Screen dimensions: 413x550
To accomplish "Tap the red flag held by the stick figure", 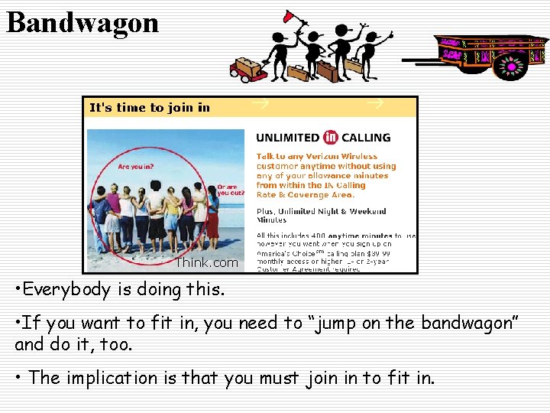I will point(290,15).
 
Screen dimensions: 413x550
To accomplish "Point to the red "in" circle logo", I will point(330,138).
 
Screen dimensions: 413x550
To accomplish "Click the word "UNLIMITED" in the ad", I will point(287,138).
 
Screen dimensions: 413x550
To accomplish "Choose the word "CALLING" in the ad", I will point(365,138).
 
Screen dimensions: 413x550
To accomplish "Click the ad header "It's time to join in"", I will point(150,108).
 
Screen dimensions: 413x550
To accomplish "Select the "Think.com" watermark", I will point(207,262).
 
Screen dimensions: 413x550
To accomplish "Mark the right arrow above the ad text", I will point(374,102).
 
